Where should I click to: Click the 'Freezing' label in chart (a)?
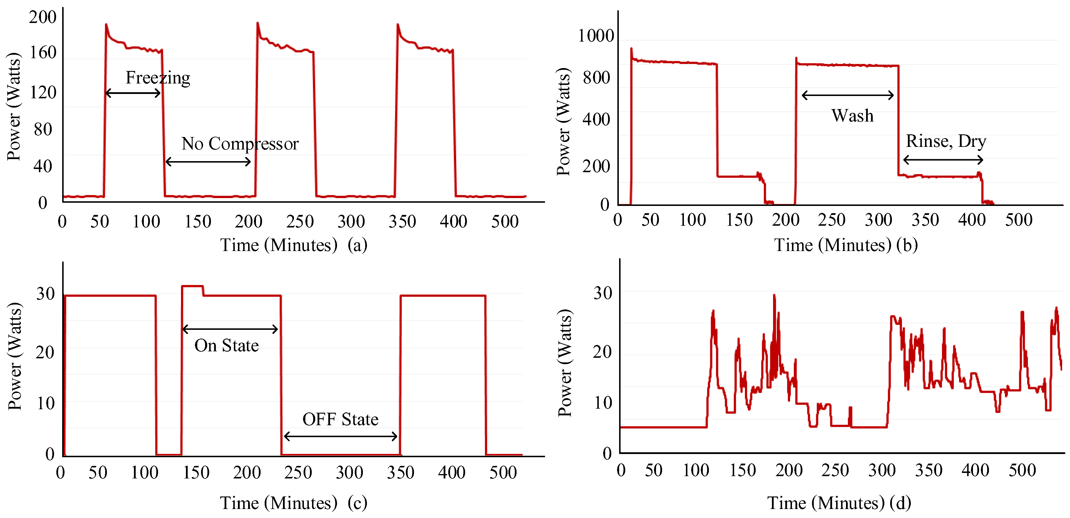[158, 78]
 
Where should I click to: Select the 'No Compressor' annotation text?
[240, 144]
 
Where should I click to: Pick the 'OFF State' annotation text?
[340, 419]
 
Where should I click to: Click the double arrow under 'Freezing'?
[133, 93]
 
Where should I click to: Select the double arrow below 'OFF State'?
[340, 436]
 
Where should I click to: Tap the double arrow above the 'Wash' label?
[847, 95]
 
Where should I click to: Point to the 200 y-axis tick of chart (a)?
[42, 17]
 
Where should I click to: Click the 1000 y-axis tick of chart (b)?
[596, 36]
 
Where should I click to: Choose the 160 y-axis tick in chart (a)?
[43, 53]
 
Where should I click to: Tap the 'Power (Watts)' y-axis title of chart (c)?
[15, 356]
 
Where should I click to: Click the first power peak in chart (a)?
[106, 25]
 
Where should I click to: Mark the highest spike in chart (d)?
[774, 296]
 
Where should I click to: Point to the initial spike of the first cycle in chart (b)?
[631, 49]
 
